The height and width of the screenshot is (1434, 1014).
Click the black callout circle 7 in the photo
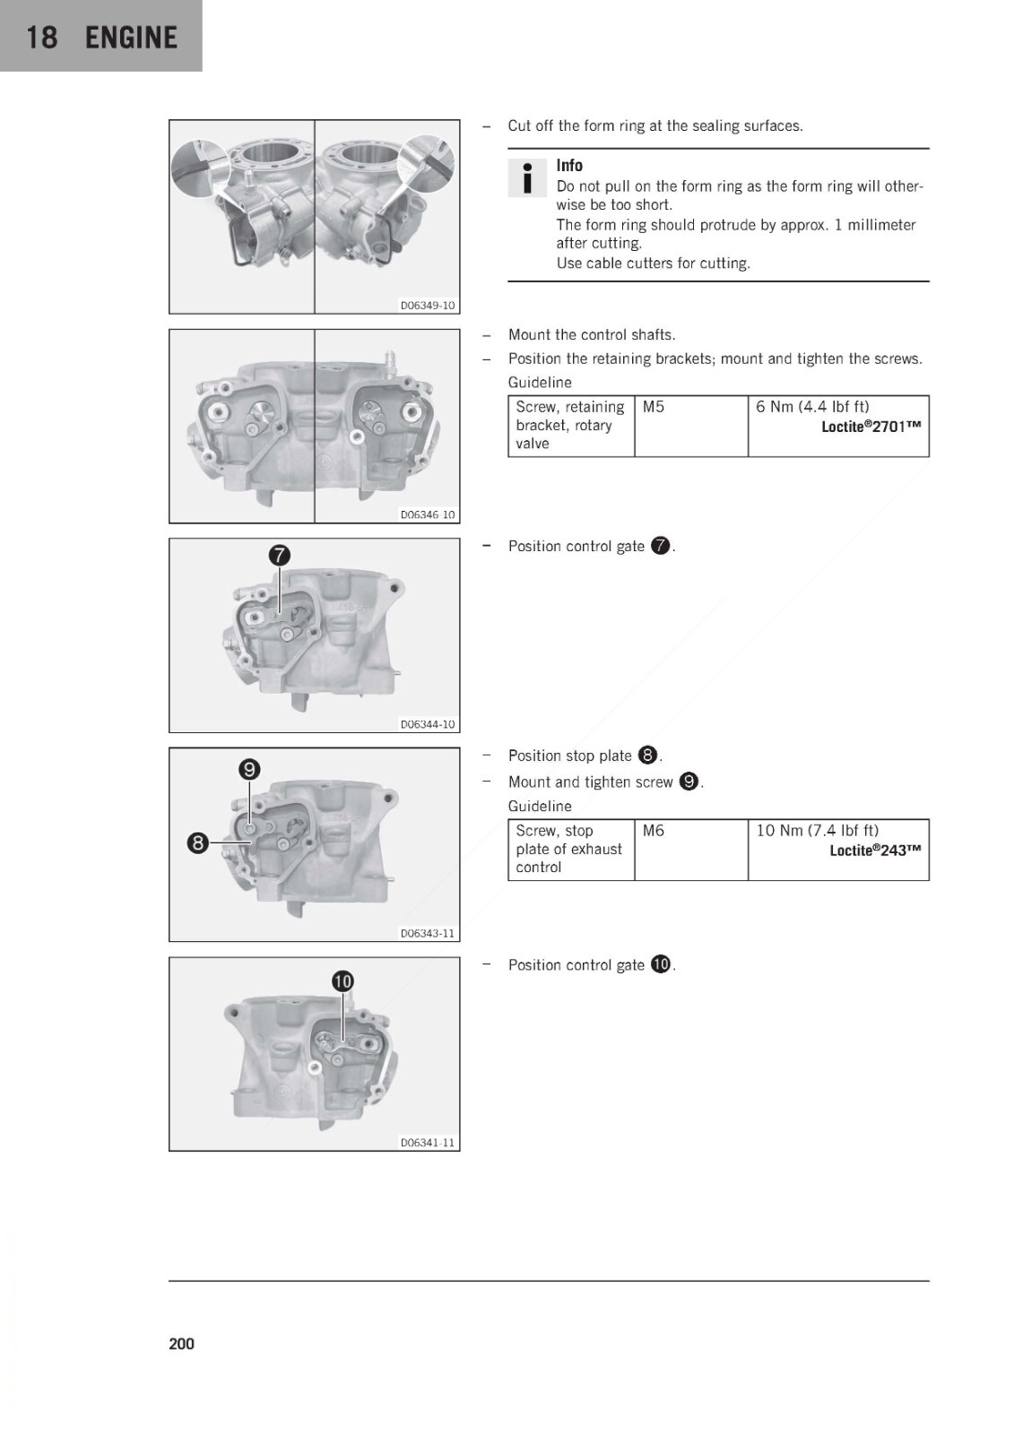(280, 555)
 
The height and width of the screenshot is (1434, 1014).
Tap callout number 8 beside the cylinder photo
(198, 842)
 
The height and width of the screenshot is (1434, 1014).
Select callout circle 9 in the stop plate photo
(249, 769)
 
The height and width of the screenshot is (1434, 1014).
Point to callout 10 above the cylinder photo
(342, 980)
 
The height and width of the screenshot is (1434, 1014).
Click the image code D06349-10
(428, 306)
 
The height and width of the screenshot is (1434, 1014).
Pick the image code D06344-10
(428, 724)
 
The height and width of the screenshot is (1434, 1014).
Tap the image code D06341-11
(428, 1143)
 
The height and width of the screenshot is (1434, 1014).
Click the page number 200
(181, 1343)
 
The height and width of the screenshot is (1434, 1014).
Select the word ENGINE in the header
(131, 38)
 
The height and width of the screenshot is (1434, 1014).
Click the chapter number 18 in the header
(41, 38)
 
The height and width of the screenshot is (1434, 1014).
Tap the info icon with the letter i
(527, 178)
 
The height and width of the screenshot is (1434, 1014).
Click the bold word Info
(569, 165)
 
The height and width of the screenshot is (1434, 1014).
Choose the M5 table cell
(654, 407)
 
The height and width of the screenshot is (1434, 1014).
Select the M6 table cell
(654, 830)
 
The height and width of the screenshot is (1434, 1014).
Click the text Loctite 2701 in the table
(871, 427)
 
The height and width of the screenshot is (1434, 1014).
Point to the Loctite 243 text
(876, 851)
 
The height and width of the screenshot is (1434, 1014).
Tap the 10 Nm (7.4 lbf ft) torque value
(818, 830)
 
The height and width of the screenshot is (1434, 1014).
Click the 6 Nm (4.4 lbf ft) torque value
(812, 407)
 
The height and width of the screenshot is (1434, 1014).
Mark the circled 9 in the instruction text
(689, 782)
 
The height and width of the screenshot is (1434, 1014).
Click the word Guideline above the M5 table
(540, 382)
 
